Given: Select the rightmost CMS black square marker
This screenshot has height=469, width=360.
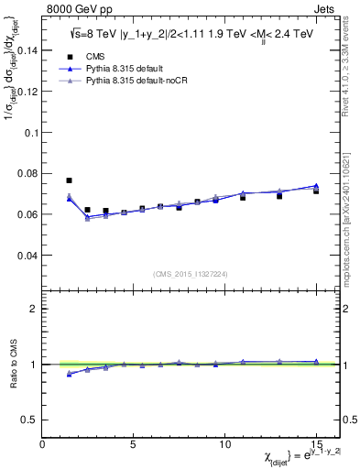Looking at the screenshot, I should [316, 191].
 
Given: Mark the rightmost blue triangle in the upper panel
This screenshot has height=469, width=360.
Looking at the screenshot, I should [316, 186].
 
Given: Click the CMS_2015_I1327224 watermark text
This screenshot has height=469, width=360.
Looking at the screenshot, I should [191, 274].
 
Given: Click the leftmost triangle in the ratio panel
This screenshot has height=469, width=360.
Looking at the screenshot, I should [70, 374].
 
